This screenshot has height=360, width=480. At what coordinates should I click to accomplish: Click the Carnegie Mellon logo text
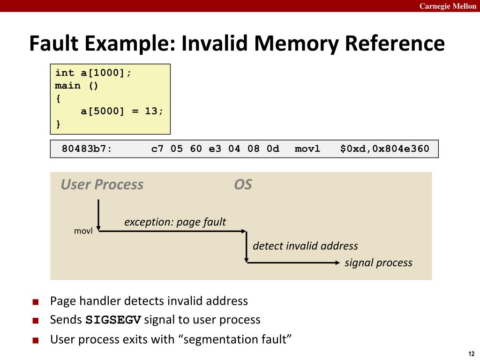[x=448, y=6]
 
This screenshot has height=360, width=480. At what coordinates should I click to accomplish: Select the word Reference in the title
[x=395, y=43]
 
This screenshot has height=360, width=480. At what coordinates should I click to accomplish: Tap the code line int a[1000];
[x=93, y=73]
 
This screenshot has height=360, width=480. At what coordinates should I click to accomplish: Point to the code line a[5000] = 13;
[x=122, y=111]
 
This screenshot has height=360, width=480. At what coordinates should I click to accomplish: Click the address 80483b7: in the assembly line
[x=87, y=149]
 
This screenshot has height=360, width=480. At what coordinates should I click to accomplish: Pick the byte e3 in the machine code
[x=215, y=149]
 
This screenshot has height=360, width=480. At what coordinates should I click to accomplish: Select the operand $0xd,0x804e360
[x=385, y=149]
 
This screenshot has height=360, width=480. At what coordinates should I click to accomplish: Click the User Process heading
[x=102, y=185]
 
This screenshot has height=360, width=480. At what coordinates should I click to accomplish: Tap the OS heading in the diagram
[x=243, y=185]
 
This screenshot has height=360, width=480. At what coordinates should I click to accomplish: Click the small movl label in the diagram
[x=83, y=231]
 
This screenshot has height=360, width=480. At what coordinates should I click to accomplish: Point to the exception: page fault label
[x=175, y=222]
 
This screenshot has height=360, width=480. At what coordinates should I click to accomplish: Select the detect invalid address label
[x=306, y=246]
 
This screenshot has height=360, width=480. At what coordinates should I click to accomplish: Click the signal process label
[x=379, y=262]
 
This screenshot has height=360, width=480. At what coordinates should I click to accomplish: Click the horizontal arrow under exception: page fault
[x=172, y=231]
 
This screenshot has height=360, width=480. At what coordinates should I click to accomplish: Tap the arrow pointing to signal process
[x=293, y=262]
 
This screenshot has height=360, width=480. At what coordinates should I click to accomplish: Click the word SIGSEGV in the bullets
[x=113, y=320]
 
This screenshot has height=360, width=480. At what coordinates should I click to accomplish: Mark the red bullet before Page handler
[x=36, y=302]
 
